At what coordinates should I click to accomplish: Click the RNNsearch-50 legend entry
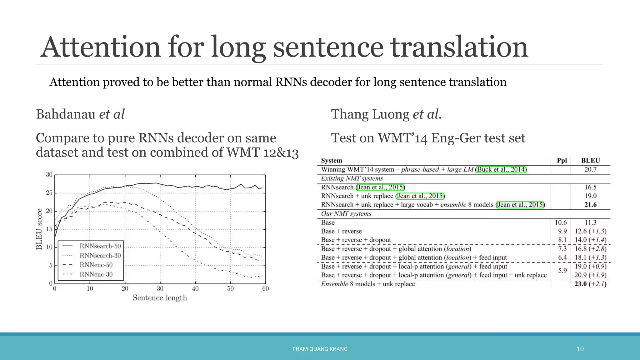100,246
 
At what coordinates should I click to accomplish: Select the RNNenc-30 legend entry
96,274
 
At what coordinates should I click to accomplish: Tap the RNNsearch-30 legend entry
100,256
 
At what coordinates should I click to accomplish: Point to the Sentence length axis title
160,298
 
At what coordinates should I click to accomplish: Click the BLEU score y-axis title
39,229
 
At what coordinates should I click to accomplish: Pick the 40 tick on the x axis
195,289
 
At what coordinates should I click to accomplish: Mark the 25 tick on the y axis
49,193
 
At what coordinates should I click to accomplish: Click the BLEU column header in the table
590,161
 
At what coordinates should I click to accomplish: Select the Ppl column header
562,161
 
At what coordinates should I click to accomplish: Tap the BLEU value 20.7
590,169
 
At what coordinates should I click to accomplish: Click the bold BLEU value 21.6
590,205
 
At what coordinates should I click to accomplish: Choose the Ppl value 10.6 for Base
561,222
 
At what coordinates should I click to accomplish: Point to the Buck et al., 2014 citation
501,169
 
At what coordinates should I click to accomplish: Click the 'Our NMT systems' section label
346,214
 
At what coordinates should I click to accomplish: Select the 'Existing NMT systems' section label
352,178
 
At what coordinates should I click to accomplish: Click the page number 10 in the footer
580,349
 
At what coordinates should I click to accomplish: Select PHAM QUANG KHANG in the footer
320,349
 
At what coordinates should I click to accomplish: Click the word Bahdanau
66,114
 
